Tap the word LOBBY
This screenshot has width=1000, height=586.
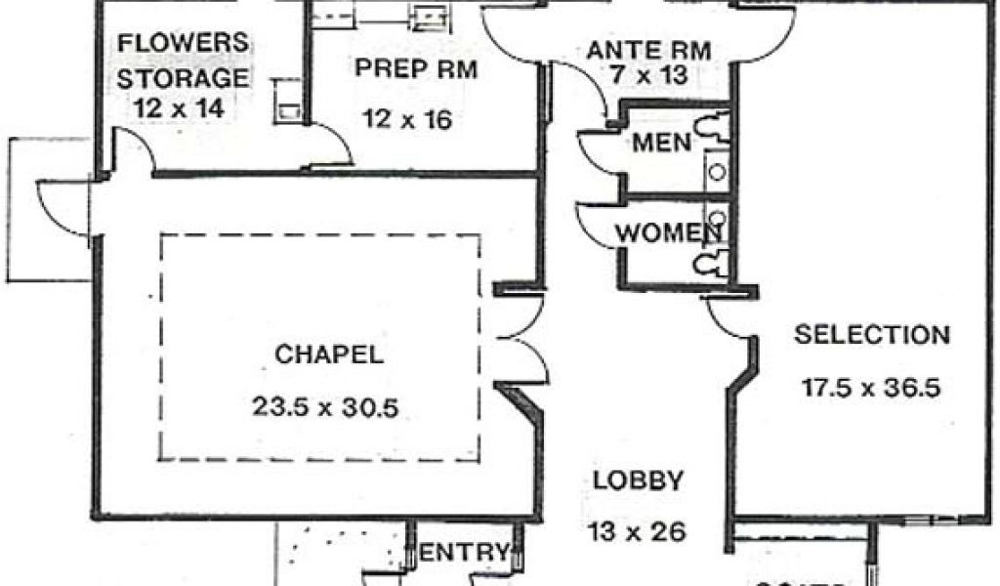(x=638, y=480)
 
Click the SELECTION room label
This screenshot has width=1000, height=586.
(x=871, y=335)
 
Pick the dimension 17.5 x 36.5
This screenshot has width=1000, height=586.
(x=871, y=387)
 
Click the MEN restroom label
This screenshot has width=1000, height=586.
(x=662, y=143)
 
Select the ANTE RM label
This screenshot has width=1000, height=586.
(x=647, y=49)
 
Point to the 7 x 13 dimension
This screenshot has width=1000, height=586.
(x=647, y=75)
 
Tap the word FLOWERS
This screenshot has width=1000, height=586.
(x=183, y=43)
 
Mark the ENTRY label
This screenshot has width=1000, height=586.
(x=464, y=553)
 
